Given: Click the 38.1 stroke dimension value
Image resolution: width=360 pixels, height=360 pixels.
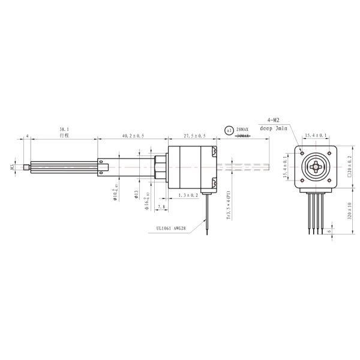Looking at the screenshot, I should coord(64,129).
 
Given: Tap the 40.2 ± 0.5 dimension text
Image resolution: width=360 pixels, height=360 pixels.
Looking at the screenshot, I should coord(133,136).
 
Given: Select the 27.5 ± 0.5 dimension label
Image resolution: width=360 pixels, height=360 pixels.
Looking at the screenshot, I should coord(194,136).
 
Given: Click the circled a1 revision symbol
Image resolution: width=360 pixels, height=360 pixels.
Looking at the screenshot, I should coord(228,130).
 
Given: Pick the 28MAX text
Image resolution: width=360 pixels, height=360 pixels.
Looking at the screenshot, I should coord(242,129).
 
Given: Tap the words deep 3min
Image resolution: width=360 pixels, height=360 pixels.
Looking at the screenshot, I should coord(273,128).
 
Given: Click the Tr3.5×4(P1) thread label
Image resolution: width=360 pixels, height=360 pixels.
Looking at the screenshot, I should coord(229,207).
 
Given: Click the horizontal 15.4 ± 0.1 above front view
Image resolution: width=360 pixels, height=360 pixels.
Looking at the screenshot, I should coord(316,136).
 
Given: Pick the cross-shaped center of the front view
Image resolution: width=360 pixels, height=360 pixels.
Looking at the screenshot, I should coord(316,166).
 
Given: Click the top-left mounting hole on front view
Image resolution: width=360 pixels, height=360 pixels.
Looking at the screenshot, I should coord(303,152).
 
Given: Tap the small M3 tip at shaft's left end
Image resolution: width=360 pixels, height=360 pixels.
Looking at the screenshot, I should coord(25,167).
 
